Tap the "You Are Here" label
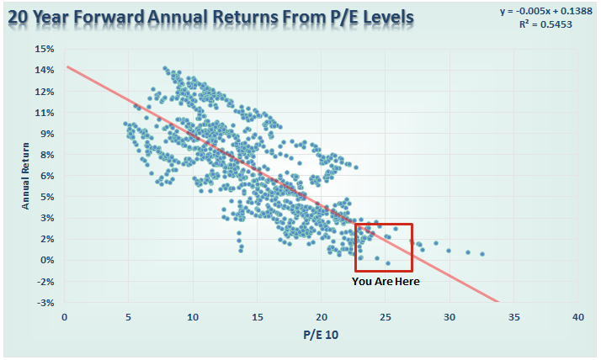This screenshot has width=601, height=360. (386, 281)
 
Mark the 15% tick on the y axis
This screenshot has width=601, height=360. (44, 49)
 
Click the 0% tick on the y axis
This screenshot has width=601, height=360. (46, 260)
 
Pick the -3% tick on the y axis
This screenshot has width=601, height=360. (45, 302)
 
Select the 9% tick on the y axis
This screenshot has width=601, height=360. (46, 134)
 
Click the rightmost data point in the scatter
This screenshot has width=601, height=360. (482, 253)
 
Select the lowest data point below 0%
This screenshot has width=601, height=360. (387, 263)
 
